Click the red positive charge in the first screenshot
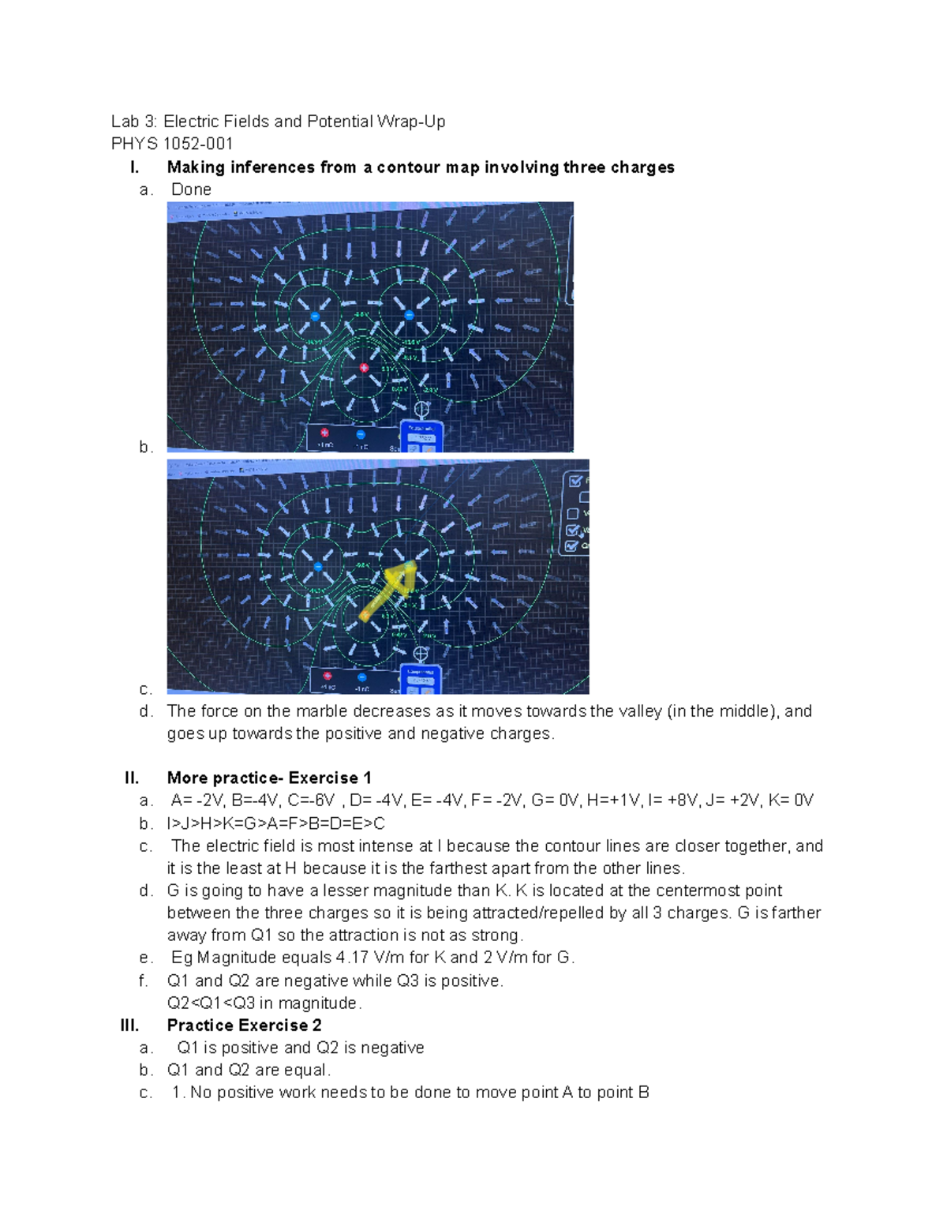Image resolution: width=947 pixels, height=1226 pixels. pos(364,367)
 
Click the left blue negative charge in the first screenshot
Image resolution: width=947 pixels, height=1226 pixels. pos(315,316)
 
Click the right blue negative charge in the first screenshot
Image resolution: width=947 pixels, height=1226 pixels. pos(409,314)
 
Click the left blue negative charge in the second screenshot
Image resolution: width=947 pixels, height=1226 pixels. pos(318,567)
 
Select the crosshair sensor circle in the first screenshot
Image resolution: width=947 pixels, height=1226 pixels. pos(422,409)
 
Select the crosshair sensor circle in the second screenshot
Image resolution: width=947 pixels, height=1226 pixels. pos(421,654)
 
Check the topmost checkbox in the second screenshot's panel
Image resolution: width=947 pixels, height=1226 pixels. pos(575,481)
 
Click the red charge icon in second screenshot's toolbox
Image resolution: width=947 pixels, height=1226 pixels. pos(328,677)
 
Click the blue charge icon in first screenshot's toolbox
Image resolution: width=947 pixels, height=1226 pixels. pos(361,434)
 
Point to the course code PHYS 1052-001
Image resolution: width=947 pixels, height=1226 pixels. pos(172,144)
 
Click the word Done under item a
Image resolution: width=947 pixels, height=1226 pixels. pos(191,189)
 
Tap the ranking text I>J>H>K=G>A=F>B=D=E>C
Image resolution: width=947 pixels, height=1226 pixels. pos(275,823)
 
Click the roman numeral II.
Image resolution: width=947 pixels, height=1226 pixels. pos(132,778)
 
